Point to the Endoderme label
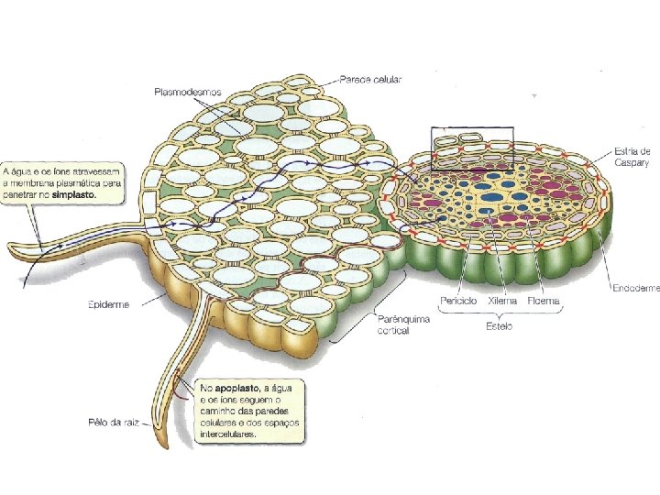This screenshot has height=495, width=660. (x=635, y=288)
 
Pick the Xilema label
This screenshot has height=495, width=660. (x=502, y=301)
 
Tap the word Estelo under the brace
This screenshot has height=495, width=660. (x=500, y=325)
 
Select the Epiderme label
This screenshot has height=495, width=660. (x=109, y=304)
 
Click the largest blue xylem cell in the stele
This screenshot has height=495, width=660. (x=492, y=195)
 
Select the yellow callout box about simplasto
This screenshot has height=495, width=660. (x=64, y=182)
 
